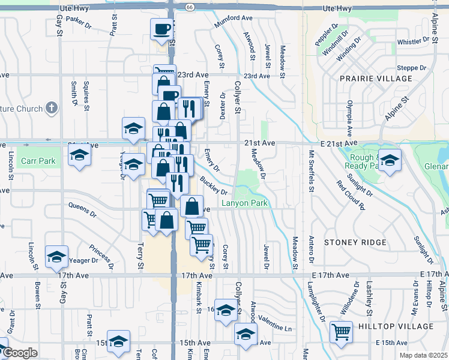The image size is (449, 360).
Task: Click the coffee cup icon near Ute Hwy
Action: [161, 29]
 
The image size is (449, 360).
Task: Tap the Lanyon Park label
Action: [244, 203]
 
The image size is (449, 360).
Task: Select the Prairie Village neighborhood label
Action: [376, 79]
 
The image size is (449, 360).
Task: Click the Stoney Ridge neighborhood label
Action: [352, 242]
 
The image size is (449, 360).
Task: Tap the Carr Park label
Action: [38, 161]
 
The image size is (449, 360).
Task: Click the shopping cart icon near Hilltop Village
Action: [341, 331]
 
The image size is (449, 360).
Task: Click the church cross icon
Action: [52, 109]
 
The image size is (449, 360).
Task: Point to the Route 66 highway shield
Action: [190, 7]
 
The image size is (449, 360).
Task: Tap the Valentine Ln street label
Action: [276, 329]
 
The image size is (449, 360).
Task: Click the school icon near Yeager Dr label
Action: [56, 256]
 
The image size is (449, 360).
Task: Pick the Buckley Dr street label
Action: [214, 186]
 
